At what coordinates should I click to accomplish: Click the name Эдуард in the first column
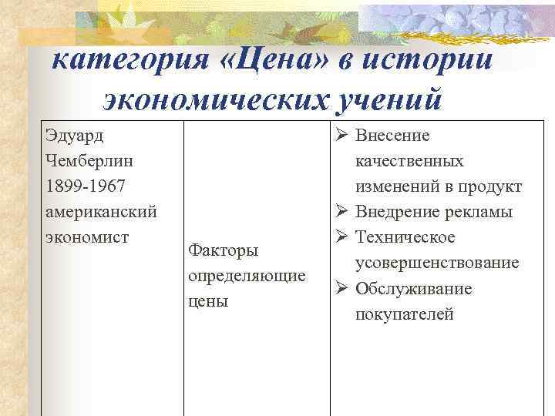[76, 136]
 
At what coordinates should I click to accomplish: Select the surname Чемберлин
[89, 162]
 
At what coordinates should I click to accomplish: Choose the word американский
[101, 212]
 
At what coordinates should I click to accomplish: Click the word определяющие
[246, 276]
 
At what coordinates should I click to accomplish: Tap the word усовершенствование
[436, 263]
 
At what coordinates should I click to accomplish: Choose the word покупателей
[404, 314]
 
